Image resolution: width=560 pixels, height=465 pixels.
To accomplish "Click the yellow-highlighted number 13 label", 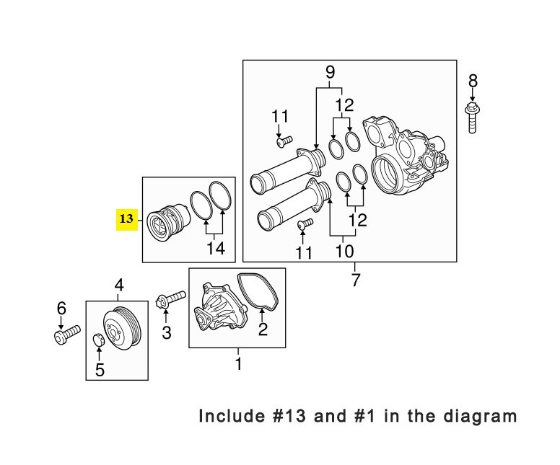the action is coord(126,219).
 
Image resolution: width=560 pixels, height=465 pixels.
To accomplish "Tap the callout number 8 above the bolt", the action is coord(473,81).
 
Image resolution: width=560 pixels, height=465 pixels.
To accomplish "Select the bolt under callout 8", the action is coord(472,118).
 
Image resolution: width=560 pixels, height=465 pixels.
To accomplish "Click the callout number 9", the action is coord(330,72).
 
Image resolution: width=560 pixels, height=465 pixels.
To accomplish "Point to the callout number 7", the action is coord(355,280).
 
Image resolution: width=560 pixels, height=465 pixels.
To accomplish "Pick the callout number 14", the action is coord(216,248).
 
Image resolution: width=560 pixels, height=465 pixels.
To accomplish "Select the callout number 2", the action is coord(263,329).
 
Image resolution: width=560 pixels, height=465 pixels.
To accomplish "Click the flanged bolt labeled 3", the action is coord(171,298).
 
